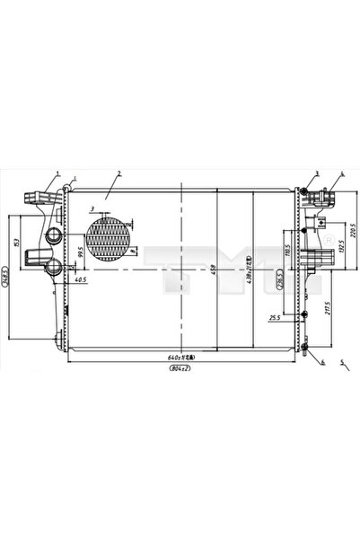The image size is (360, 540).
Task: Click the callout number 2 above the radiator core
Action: [118, 172]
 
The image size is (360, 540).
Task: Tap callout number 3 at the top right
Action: [316, 173]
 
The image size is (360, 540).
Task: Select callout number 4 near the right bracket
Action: [342, 173]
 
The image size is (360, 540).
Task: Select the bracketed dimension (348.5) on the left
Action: [6, 275]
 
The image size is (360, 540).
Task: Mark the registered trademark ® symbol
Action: [328, 239]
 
